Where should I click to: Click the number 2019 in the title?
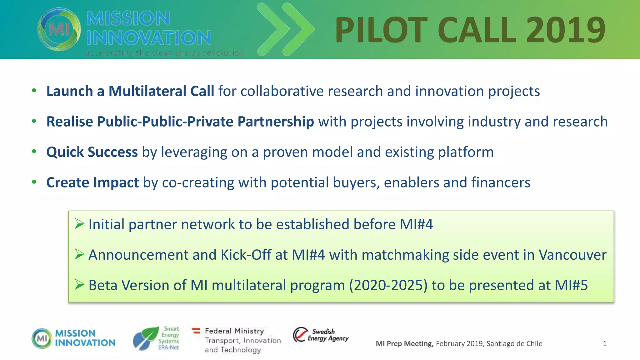point(566,30)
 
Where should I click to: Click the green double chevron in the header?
point(286,30)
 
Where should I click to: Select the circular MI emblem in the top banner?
point(59,29)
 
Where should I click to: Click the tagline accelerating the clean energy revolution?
point(165,53)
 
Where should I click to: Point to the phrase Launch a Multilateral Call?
point(130,91)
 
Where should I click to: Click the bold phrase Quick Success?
point(92,152)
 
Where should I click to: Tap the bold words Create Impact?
point(92,182)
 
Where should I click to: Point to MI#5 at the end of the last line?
point(571,285)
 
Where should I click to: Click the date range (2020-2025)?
point(388,285)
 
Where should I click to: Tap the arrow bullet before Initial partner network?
point(79,224)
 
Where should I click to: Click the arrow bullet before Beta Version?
point(79,284)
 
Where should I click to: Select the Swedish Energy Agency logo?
point(321,335)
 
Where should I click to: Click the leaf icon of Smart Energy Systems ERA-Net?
point(146,338)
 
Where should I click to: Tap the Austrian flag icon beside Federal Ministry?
point(196,331)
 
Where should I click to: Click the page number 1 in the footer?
point(605,344)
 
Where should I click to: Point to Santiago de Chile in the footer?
point(514,344)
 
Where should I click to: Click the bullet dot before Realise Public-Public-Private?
point(34,121)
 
